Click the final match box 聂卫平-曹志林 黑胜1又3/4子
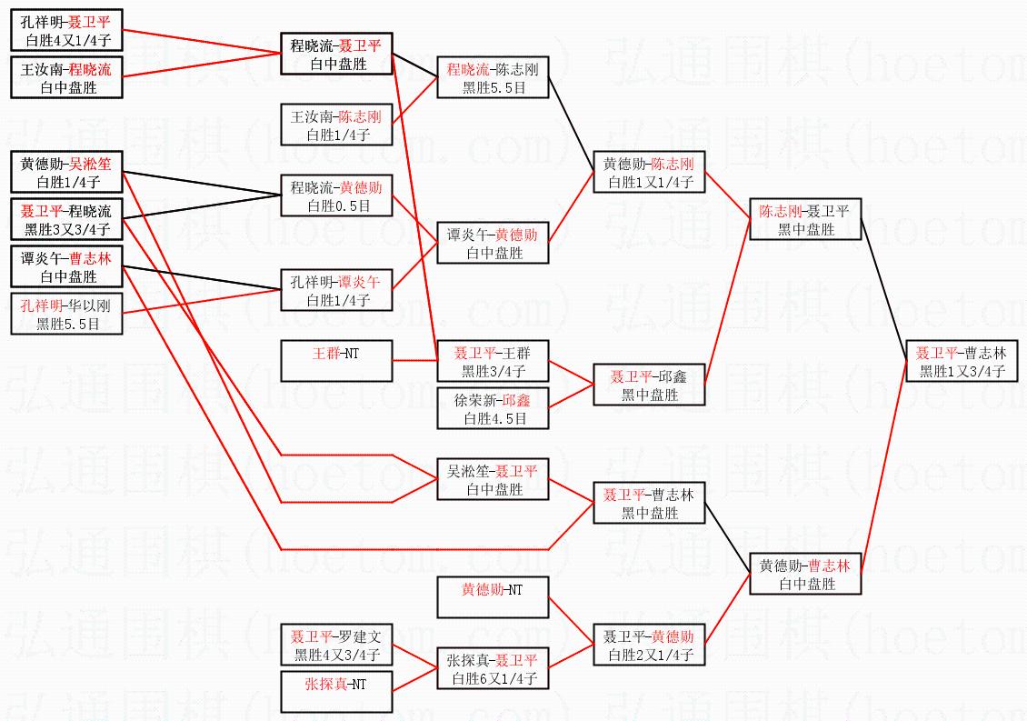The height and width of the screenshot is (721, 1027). pyautogui.click(x=961, y=362)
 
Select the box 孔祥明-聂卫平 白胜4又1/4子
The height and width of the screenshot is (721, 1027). pyautogui.click(x=66, y=31)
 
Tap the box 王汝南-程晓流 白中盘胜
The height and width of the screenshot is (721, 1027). pyautogui.click(x=66, y=78)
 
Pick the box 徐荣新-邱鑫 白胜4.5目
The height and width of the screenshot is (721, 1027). pyautogui.click(x=494, y=409)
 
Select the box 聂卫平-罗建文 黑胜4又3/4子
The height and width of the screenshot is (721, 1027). pyautogui.click(x=335, y=646)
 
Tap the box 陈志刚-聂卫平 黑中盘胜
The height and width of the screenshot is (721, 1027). pyautogui.click(x=805, y=220)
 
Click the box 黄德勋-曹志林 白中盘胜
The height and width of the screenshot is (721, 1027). pyautogui.click(x=805, y=575)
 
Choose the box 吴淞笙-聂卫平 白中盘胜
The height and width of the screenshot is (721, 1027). pyautogui.click(x=494, y=479)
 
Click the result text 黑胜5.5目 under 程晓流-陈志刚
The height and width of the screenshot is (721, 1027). pyautogui.click(x=494, y=88)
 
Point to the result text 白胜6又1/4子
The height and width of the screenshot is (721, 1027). pyautogui.click(x=494, y=678)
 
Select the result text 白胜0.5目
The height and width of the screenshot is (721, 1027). pyautogui.click(x=335, y=206)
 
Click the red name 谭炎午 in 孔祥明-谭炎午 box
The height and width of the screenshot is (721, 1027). pyautogui.click(x=360, y=282)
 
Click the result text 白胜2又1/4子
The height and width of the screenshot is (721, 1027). pyautogui.click(x=649, y=655)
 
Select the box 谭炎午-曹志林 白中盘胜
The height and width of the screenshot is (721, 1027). pyautogui.click(x=66, y=267)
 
